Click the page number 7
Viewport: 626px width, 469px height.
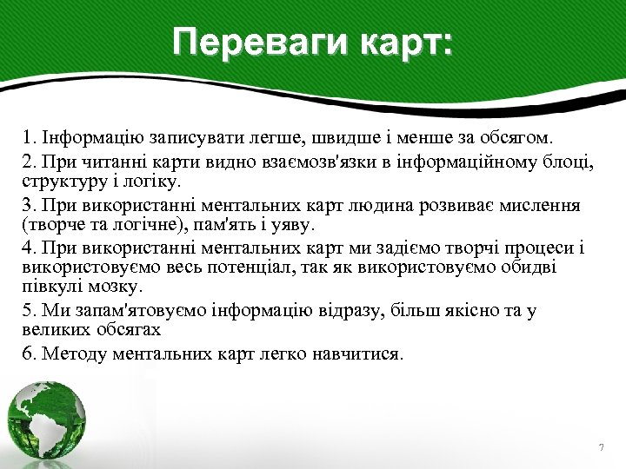[x=601, y=446]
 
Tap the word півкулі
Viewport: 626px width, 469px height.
[x=49, y=287]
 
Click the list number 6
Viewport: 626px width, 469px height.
[x=29, y=354]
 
